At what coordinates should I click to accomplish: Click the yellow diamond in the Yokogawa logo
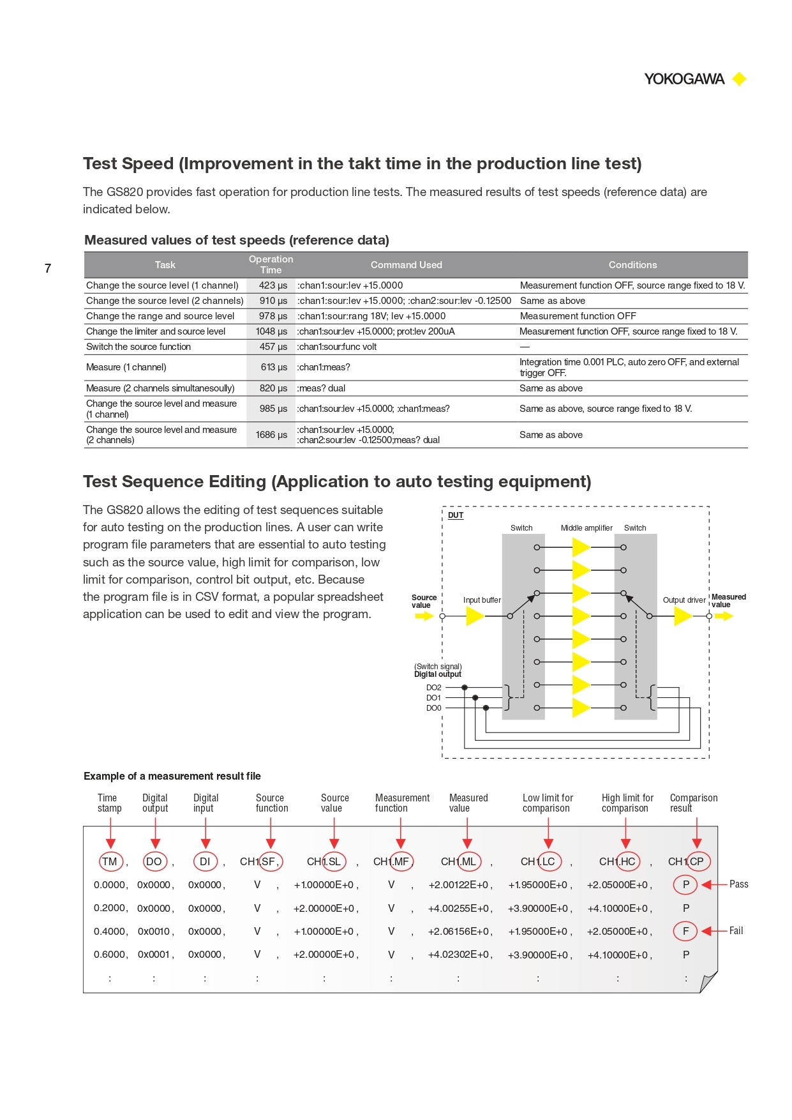pyautogui.click(x=739, y=79)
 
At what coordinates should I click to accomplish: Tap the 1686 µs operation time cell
pyautogui.click(x=271, y=435)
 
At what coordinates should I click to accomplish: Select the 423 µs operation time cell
pyautogui.click(x=273, y=285)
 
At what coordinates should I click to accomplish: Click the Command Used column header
pyautogui.click(x=406, y=265)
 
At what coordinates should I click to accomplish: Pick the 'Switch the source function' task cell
pyautogui.click(x=138, y=347)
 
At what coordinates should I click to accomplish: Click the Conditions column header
pyautogui.click(x=632, y=265)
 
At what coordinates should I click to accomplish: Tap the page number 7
pyautogui.click(x=48, y=269)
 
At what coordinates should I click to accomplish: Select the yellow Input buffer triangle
pyautogui.click(x=474, y=616)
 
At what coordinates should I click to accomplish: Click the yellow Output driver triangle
pyautogui.click(x=682, y=616)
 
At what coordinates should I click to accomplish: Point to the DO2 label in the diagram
pyautogui.click(x=433, y=688)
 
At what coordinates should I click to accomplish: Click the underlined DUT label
pyautogui.click(x=456, y=515)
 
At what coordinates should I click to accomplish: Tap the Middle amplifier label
pyautogui.click(x=587, y=528)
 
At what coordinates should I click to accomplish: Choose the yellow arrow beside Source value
pyautogui.click(x=424, y=616)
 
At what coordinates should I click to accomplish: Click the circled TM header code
pyautogui.click(x=110, y=861)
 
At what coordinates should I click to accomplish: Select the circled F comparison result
pyautogui.click(x=685, y=931)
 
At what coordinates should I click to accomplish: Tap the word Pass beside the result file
pyautogui.click(x=738, y=884)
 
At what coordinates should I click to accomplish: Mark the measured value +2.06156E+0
pyautogui.click(x=459, y=932)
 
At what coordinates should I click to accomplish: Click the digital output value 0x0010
pyautogui.click(x=154, y=932)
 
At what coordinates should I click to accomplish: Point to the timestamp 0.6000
pyautogui.click(x=109, y=955)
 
